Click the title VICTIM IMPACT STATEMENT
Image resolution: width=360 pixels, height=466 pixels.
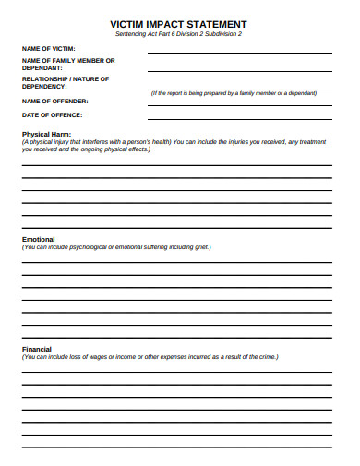178,23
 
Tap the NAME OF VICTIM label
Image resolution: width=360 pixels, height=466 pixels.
49,48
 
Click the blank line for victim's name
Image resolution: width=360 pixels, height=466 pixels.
239,52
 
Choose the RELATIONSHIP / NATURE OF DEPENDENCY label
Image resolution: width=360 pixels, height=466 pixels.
66,82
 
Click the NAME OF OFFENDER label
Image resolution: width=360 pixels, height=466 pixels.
54,101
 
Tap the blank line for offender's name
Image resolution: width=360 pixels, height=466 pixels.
239,104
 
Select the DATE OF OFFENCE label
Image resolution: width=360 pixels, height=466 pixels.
52,114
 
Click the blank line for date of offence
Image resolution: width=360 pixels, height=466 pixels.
239,118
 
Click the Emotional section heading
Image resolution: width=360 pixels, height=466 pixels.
39,239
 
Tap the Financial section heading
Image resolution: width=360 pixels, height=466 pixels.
37,350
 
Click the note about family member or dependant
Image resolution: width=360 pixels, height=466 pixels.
239,94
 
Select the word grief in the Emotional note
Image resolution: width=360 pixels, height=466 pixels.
199,247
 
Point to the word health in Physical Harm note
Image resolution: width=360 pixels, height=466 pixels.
159,141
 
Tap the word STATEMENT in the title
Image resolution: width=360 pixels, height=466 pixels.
215,23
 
